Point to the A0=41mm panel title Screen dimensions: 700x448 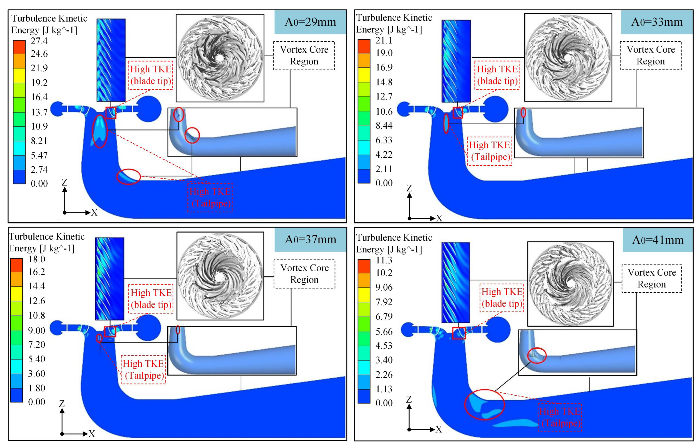pos(658,240)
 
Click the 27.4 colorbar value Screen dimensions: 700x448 pos(39,41)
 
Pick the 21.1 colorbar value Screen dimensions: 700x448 pos(384,40)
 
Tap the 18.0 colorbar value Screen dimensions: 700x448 pos(37,259)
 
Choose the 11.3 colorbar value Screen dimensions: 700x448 pos(384,260)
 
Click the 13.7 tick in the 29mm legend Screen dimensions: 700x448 pos(39,112)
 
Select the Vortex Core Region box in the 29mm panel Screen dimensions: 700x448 pos(304,56)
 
